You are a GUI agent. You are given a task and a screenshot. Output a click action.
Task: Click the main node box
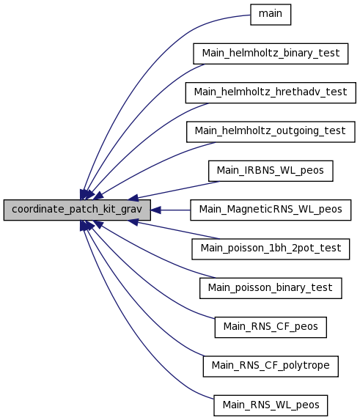point(271,15)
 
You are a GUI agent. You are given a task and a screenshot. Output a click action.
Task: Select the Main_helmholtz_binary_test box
point(271,54)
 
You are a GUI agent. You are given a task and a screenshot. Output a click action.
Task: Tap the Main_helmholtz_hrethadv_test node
point(271,92)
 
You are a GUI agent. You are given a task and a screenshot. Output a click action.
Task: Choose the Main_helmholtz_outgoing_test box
point(271,132)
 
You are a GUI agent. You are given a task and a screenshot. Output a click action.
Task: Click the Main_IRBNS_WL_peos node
point(271,171)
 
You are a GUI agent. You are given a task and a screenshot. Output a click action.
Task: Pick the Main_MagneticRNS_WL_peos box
point(271,210)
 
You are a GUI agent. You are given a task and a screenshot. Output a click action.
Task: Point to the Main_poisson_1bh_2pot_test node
point(271,249)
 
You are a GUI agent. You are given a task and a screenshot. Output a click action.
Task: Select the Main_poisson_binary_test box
point(271,288)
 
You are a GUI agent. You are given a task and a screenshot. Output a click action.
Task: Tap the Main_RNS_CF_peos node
point(271,328)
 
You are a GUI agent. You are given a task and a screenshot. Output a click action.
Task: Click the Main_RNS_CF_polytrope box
point(271,366)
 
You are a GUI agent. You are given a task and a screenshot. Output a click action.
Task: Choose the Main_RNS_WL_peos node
point(271,405)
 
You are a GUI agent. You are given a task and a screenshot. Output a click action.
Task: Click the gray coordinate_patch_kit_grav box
point(77,210)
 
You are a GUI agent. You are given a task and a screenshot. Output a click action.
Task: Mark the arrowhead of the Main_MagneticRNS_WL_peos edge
point(155,210)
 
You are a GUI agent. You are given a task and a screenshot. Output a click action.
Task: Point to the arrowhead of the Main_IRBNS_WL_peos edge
point(133,198)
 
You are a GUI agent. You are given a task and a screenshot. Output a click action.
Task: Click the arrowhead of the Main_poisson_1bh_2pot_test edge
point(133,222)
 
